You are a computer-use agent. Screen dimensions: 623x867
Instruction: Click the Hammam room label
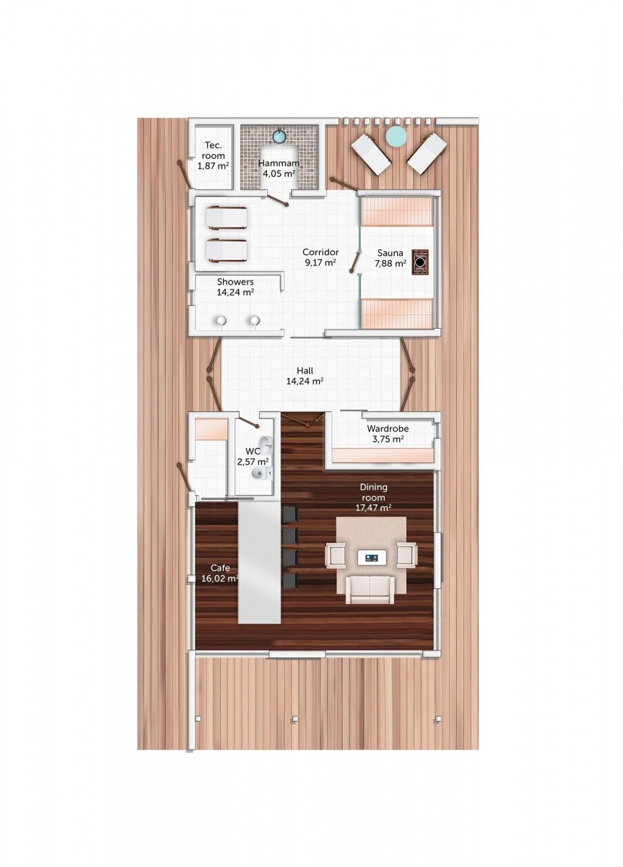pos(279,163)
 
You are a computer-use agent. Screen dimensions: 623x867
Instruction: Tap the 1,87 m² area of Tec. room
pos(213,166)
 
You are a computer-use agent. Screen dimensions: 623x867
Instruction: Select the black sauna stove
pos(420,262)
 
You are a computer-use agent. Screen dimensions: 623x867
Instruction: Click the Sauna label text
pos(390,253)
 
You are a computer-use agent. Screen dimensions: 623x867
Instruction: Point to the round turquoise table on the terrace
pos(396,137)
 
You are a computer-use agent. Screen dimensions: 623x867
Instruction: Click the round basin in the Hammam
pos(279,137)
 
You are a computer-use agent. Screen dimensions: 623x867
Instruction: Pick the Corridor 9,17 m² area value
pos(320,263)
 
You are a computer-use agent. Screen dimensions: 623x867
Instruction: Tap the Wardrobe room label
pos(388,428)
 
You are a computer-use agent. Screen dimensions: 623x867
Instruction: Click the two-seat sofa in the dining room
pos(370,590)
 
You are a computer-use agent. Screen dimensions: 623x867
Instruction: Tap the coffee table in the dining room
pos(370,557)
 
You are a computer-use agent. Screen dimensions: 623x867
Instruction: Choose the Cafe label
pos(220,568)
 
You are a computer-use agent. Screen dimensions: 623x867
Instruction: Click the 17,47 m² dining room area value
pos(373,507)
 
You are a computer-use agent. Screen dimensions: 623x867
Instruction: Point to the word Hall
pos(305,371)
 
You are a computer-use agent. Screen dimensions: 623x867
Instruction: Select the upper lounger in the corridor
pos(226,219)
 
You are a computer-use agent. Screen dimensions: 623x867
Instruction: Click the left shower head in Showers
pos(221,322)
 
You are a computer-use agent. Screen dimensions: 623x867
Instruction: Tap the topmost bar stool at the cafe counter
pos(290,514)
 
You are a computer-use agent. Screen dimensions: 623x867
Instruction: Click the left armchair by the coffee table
pos(335,555)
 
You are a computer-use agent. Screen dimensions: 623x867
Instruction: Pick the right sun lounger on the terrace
pos(427,153)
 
